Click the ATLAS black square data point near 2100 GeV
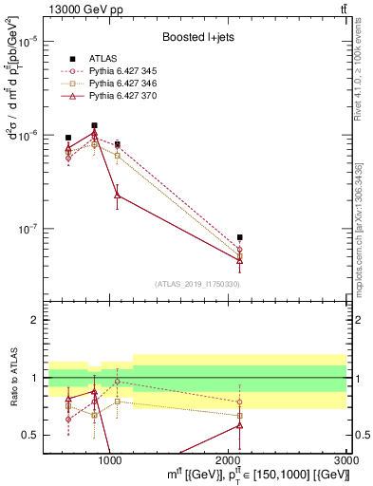click(240, 237)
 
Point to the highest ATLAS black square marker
click(94, 125)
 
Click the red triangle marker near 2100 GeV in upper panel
click(240, 260)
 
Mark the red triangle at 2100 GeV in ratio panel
click(240, 424)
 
